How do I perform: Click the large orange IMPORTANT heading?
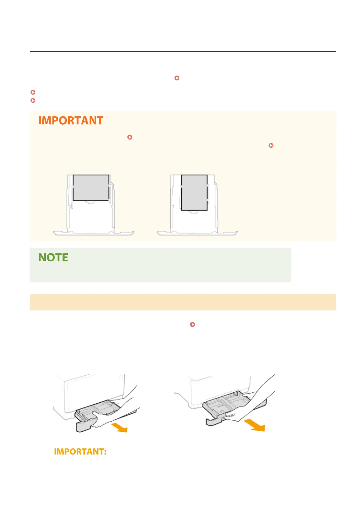[71, 121]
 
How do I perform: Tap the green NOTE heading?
[53, 257]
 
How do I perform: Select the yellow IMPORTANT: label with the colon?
[80, 451]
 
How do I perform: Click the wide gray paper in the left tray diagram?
[91, 188]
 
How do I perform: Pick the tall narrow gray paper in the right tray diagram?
[194, 193]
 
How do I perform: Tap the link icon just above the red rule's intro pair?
[177, 78]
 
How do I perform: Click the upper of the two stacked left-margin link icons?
[33, 92]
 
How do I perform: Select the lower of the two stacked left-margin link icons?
[33, 100]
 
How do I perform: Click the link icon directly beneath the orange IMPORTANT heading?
[130, 137]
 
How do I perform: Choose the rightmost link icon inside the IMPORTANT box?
[271, 145]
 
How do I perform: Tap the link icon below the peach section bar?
[192, 324]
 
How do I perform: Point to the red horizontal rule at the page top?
[183, 51]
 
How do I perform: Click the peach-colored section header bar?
[183, 302]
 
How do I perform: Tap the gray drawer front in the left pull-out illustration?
[83, 425]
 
